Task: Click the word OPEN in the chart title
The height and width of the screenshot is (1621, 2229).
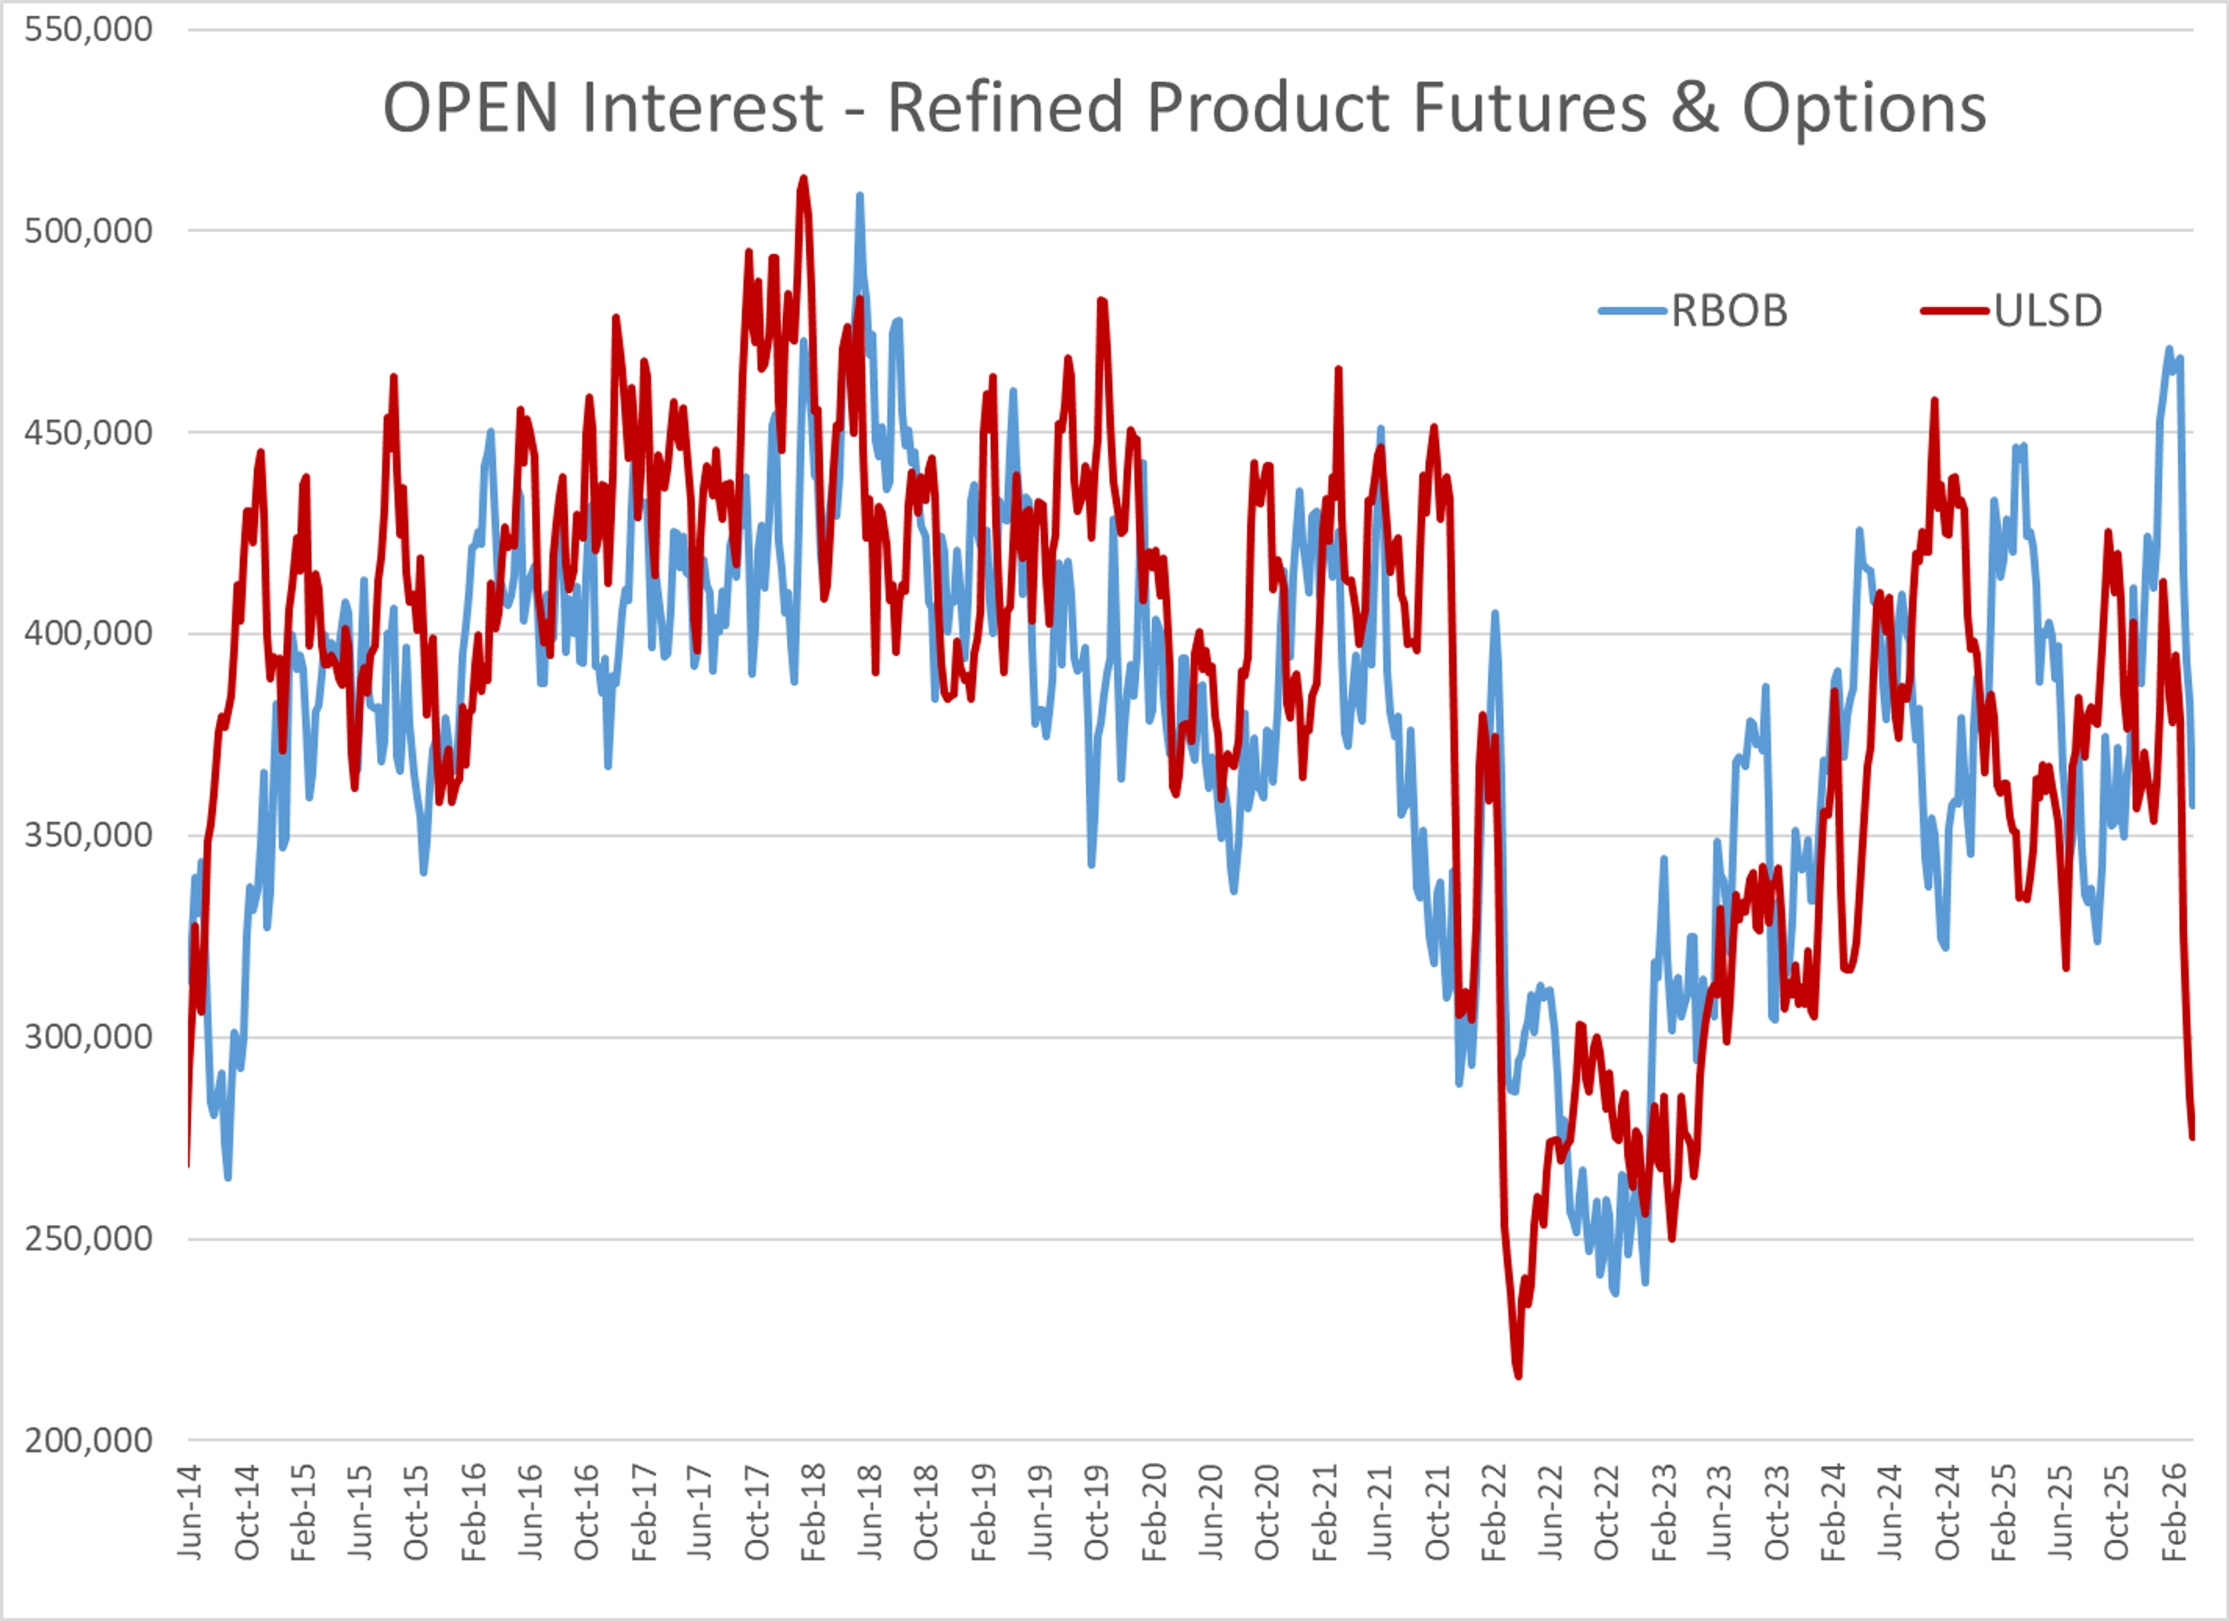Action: tap(470, 107)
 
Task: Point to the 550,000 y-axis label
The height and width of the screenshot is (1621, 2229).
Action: tap(88, 30)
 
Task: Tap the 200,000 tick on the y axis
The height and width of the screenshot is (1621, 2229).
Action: tap(88, 1440)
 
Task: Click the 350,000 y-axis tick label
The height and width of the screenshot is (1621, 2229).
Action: tap(88, 835)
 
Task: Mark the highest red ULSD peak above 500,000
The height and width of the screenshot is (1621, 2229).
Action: tap(804, 179)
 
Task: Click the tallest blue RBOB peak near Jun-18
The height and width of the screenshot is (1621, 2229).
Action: tap(860, 196)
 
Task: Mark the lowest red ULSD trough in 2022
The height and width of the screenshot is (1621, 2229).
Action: tap(1519, 1376)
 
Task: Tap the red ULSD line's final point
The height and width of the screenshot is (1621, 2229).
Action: tap(2192, 1137)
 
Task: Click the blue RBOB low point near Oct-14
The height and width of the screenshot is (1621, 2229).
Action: tap(228, 1177)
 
